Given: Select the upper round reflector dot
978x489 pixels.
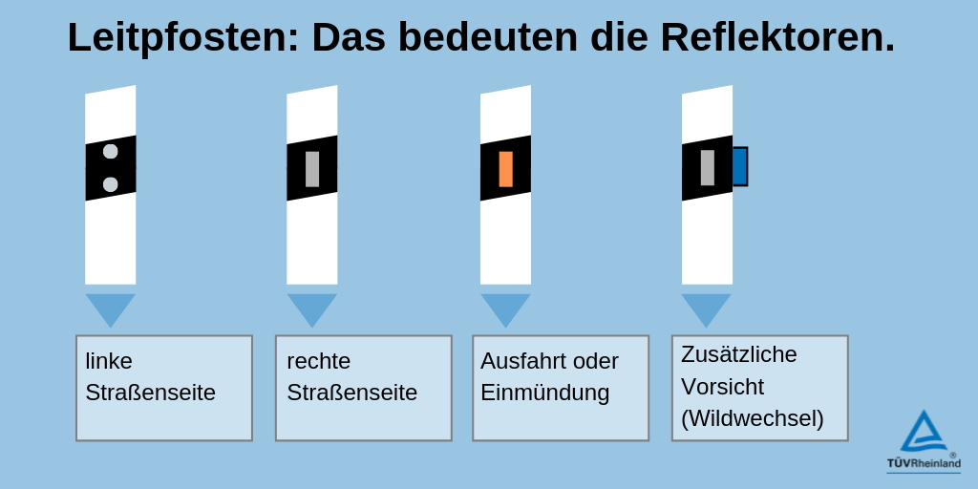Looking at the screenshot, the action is (111, 151).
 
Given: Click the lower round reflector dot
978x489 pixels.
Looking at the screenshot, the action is (111, 184).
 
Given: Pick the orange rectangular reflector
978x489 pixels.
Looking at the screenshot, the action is (506, 168).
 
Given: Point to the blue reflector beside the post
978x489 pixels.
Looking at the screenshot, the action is (740, 166).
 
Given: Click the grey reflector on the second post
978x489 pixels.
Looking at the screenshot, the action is (312, 168).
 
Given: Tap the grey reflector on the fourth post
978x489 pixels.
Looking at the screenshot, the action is (708, 168).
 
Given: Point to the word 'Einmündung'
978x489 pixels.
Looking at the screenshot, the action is (544, 393).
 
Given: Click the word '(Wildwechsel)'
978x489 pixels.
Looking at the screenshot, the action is (753, 418).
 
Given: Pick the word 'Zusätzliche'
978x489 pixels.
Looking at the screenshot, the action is (739, 353).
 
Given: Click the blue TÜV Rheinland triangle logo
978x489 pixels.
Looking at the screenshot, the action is (924, 431).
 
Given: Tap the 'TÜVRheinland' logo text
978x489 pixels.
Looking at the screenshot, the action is (924, 463).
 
